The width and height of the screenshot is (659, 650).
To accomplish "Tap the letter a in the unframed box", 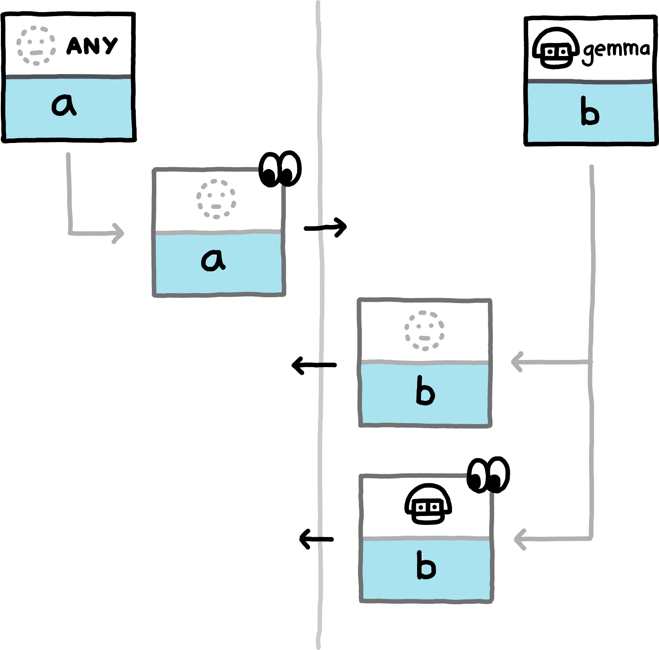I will click(64, 106).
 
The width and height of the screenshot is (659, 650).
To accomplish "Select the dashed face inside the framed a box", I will click(216, 199).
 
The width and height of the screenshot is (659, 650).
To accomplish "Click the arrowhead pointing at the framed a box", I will click(119, 233).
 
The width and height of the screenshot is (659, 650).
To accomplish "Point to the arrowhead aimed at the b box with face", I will click(517, 362).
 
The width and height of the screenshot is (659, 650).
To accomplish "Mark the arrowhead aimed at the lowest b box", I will click(519, 539).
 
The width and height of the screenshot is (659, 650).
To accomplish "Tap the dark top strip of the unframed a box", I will click(69, 77).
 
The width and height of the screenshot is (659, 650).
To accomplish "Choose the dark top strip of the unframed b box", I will click(590, 82).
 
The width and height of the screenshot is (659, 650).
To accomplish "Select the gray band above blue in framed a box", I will click(218, 232).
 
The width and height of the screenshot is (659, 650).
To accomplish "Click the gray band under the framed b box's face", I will click(425, 362).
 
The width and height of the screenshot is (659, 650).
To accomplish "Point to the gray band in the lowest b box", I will click(426, 538).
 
